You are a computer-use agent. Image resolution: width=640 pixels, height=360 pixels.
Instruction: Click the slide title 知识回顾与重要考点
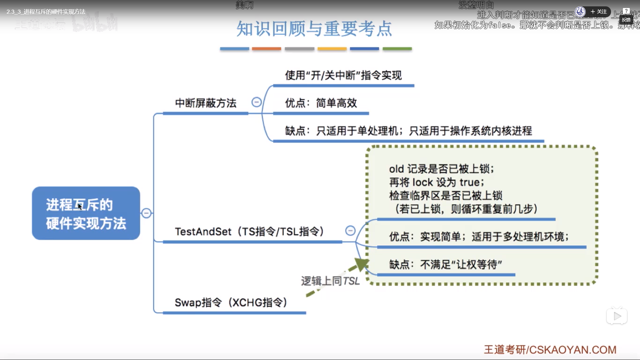click(314, 29)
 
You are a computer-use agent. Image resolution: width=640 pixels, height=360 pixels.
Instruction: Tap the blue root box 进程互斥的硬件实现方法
click(86, 213)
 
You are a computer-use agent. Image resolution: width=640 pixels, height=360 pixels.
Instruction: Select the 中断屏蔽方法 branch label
click(206, 103)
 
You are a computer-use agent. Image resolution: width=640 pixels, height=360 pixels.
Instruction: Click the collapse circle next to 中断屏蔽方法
click(256, 102)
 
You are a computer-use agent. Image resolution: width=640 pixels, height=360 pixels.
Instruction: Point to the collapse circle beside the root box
click(146, 213)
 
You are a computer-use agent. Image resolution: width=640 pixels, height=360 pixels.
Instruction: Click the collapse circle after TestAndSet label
click(350, 230)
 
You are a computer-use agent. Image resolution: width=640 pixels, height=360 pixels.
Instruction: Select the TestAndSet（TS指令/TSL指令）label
click(249, 231)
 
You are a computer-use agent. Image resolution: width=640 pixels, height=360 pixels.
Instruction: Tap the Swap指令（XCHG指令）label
click(231, 302)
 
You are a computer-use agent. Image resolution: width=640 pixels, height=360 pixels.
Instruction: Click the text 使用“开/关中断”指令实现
click(343, 75)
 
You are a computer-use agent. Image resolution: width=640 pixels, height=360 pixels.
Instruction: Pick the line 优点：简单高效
click(321, 103)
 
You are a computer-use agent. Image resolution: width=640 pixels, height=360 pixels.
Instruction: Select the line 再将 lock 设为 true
click(436, 182)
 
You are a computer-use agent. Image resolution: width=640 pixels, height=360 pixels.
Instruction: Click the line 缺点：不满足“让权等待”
click(446, 265)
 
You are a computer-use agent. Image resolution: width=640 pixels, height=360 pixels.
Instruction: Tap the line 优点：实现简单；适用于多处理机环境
click(479, 237)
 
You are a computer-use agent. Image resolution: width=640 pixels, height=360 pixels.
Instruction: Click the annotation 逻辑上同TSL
click(330, 281)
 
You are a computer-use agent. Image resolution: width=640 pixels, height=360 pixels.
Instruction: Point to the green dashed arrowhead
click(361, 264)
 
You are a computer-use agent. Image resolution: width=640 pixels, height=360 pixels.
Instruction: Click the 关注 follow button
click(599, 12)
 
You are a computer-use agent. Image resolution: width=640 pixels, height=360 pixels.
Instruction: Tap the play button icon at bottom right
click(617, 316)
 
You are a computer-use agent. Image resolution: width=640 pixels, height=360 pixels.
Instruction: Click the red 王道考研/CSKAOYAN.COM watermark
click(550, 350)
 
